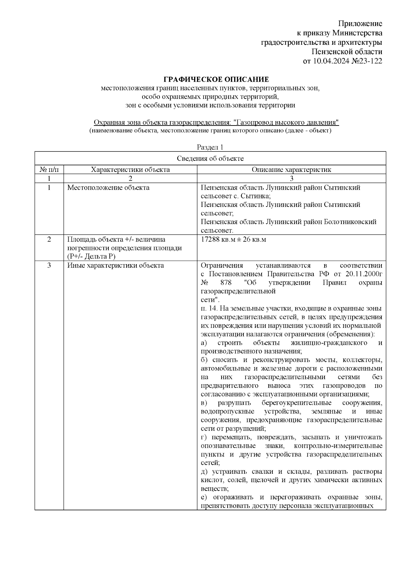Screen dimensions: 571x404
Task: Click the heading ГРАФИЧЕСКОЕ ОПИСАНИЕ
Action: tap(216, 79)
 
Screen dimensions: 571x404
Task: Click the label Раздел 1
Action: tap(210, 147)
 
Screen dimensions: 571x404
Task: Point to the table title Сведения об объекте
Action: tap(210, 158)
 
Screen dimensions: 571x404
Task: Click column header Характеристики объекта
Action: tap(130, 170)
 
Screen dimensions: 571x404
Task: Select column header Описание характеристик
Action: tap(291, 170)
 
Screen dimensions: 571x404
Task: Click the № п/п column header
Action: tap(49, 170)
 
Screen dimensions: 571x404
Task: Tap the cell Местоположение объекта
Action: tap(108, 188)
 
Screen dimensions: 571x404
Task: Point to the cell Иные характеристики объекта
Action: tap(115, 265)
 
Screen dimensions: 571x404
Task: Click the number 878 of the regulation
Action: tap(226, 283)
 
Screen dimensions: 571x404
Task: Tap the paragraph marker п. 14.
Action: tap(209, 309)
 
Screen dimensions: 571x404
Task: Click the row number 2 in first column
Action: tap(49, 240)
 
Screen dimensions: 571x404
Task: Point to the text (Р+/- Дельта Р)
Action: tap(91, 257)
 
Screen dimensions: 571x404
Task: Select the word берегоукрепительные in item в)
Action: tap(296, 403)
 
